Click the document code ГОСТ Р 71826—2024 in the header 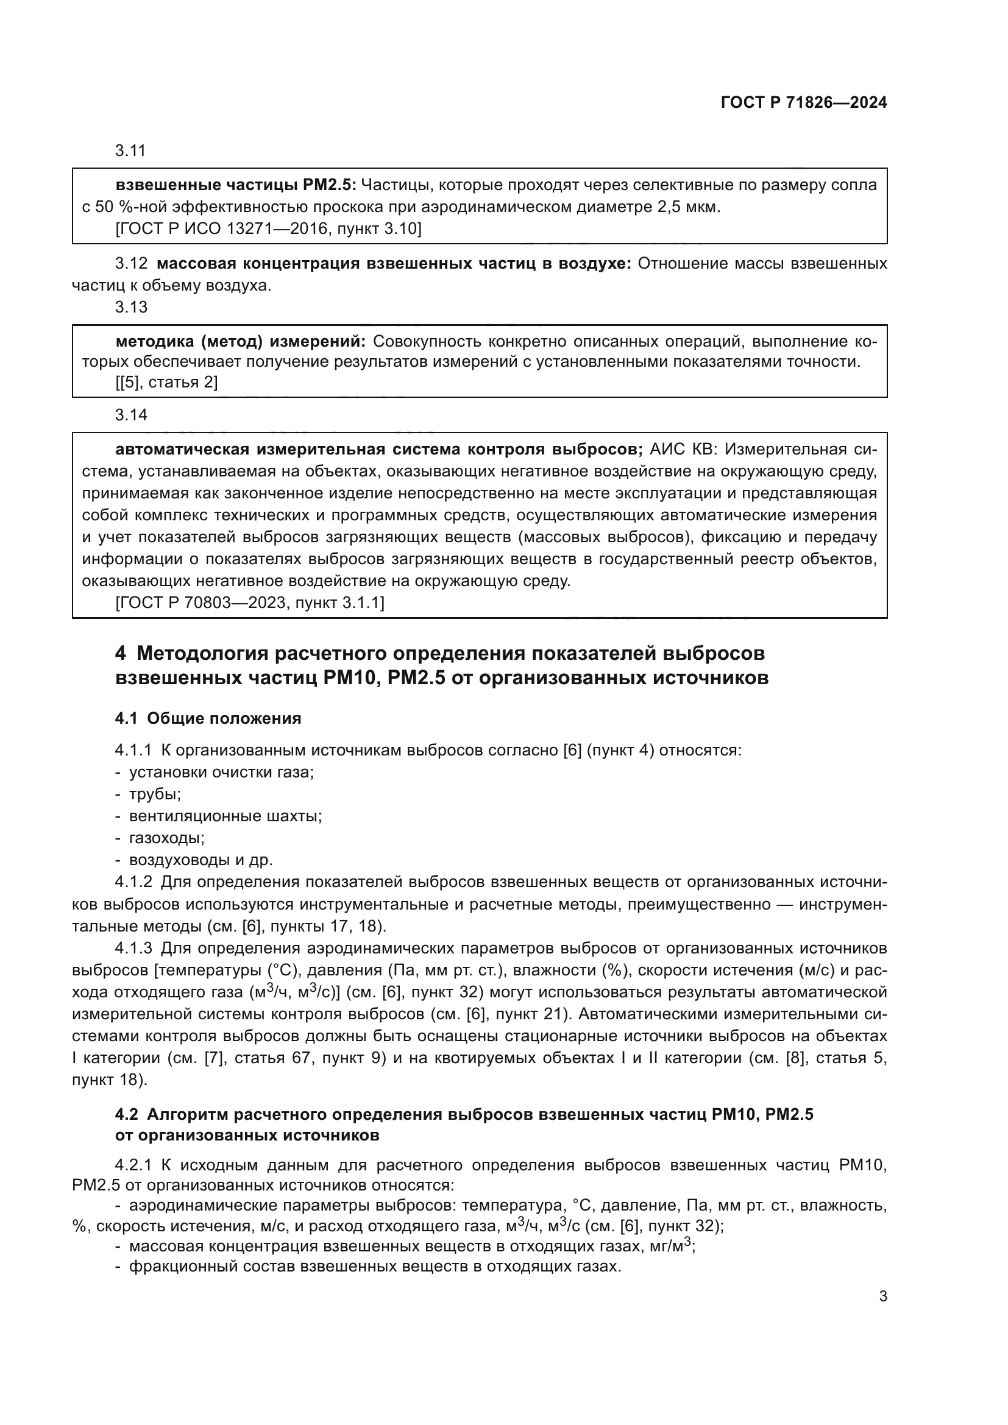point(804,102)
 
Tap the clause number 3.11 point(130,151)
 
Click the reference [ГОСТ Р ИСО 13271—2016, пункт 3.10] point(269,229)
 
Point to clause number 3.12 point(131,264)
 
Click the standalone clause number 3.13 point(131,307)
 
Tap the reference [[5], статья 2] point(166,382)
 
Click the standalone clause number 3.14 point(131,415)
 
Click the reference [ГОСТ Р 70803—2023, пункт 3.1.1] point(250,603)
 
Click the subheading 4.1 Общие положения point(208,719)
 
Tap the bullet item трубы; point(155,794)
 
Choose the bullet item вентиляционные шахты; point(225,816)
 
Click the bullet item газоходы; point(166,838)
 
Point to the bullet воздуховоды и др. point(201,860)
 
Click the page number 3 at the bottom point(882,1296)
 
